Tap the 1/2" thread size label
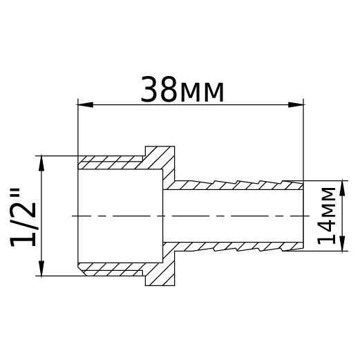(25, 216)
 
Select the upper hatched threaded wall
(111, 163)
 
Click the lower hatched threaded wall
(111, 268)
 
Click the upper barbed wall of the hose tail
(235, 186)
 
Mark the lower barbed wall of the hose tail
(235, 246)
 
